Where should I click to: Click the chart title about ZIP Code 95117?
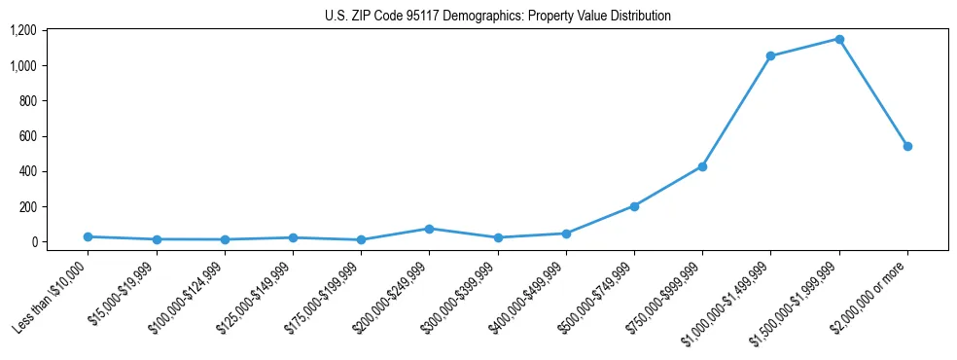(498, 17)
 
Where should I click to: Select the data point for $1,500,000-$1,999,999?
(839, 39)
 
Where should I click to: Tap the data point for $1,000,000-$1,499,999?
(770, 55)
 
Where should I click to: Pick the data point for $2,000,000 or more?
(907, 146)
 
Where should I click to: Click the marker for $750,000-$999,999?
(702, 166)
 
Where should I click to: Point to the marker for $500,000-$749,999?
(634, 206)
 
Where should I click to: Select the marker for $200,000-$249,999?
(429, 229)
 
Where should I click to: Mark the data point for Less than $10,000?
(88, 236)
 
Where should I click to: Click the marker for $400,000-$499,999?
(566, 234)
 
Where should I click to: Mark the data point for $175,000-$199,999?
(361, 239)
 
